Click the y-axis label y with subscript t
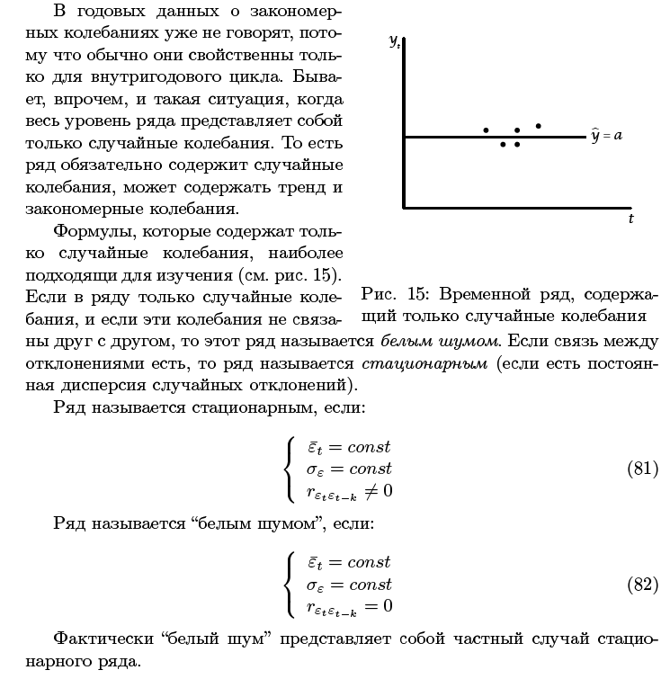click(x=395, y=42)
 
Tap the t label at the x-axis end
click(x=630, y=219)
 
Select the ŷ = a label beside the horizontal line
click(x=607, y=136)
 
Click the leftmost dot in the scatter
click(x=486, y=130)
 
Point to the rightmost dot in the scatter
click(x=538, y=126)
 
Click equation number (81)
click(x=642, y=469)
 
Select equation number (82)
click(x=642, y=585)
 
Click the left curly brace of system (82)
click(x=289, y=585)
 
